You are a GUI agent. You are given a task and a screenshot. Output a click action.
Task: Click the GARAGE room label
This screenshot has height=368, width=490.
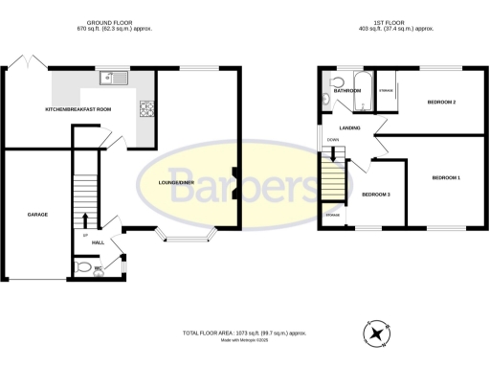37,214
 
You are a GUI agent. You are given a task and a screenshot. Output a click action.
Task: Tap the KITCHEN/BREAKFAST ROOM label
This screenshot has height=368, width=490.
78,110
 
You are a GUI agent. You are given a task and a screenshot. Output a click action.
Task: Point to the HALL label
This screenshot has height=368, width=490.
98,243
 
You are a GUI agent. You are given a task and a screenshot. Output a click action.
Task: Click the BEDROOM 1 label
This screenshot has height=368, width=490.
446,178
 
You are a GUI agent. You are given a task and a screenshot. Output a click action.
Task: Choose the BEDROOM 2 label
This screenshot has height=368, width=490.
440,102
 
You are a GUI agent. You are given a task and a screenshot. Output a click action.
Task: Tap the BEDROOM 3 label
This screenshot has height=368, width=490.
375,195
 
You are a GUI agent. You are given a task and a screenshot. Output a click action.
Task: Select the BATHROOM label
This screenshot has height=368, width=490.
346,91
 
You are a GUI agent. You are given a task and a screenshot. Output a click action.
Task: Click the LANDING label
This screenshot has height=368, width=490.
348,127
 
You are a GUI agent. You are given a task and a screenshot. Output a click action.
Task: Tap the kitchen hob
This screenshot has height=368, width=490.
147,108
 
